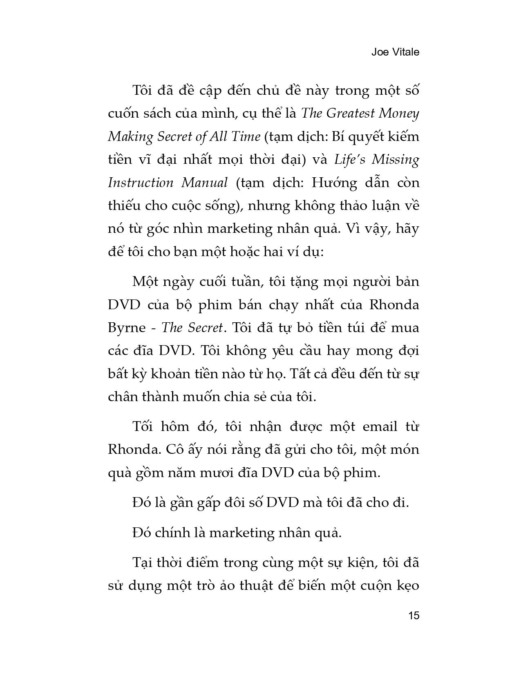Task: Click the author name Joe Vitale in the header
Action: (x=395, y=52)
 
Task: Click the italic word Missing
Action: (x=395, y=159)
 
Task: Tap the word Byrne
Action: (x=127, y=328)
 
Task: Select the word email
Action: (x=376, y=427)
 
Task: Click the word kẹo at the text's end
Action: (x=407, y=586)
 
